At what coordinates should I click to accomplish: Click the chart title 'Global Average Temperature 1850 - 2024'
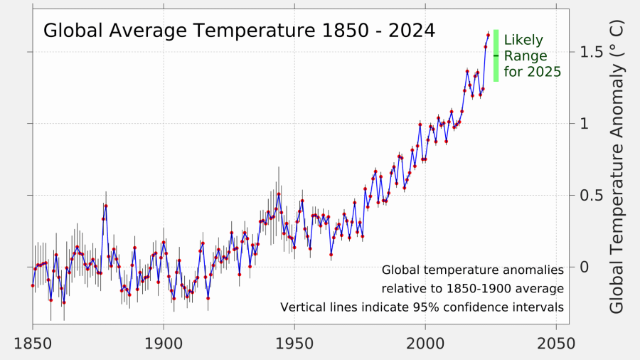click(x=239, y=31)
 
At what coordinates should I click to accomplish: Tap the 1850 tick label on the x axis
click(x=33, y=343)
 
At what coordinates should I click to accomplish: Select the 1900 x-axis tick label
click(x=164, y=343)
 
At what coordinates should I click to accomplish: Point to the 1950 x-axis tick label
click(x=294, y=343)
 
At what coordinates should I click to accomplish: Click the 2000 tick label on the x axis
click(x=425, y=343)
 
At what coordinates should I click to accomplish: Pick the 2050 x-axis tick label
click(x=556, y=343)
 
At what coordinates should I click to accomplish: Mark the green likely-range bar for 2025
click(x=496, y=55)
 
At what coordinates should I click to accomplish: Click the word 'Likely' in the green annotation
click(x=523, y=40)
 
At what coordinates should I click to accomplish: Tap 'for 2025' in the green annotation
click(x=533, y=72)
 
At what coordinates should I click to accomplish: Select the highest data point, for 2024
click(x=488, y=34)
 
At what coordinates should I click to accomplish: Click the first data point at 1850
click(x=33, y=285)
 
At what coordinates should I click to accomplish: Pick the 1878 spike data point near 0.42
click(x=106, y=206)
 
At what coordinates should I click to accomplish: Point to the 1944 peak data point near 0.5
click(x=279, y=194)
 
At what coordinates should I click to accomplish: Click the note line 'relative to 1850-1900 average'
click(x=472, y=289)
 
